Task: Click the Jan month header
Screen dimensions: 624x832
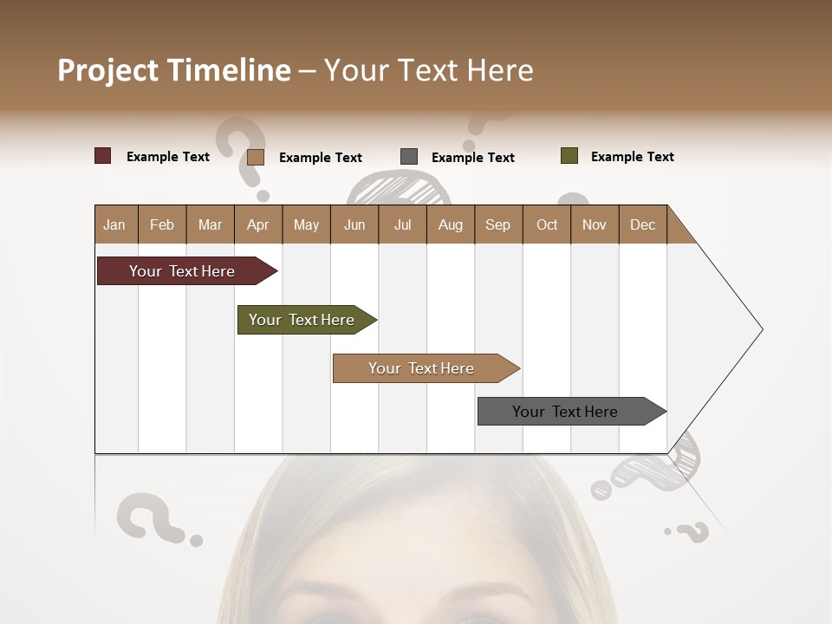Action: coord(114,224)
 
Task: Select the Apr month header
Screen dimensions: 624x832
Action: coord(258,224)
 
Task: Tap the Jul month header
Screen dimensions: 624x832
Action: coord(402,224)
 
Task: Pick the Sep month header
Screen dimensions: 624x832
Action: coord(497,224)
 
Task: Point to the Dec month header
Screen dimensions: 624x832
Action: coord(642,224)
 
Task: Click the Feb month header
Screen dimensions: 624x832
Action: coord(162,224)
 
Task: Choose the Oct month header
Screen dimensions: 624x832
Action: coord(547,224)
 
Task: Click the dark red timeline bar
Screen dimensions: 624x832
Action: coord(182,271)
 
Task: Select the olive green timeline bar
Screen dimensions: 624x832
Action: coord(302,320)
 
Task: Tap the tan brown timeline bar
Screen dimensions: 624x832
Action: coord(421,368)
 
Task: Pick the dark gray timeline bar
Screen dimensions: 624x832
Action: coord(565,412)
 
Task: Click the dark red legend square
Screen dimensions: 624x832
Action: coord(103,156)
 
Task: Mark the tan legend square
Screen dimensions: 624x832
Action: coord(256,157)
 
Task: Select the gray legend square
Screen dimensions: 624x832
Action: coord(409,157)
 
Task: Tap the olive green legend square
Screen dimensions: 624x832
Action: coord(569,156)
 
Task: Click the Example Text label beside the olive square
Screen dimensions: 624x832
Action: coord(632,157)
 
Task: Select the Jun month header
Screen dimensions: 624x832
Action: coord(354,224)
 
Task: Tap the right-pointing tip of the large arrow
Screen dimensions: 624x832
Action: coord(761,329)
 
